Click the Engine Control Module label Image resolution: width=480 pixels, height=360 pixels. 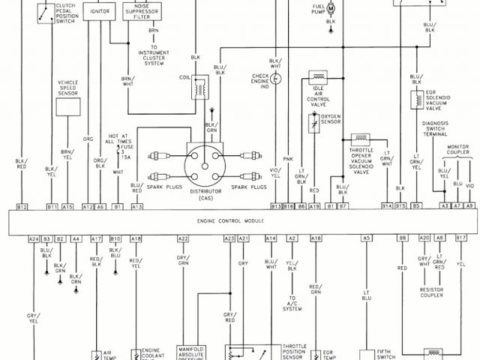230,222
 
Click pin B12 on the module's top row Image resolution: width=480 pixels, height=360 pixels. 22,205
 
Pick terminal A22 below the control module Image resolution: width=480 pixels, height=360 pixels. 182,238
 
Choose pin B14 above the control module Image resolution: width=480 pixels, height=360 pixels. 387,205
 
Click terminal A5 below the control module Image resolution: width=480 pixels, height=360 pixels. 366,238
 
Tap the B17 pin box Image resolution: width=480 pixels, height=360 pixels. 461,238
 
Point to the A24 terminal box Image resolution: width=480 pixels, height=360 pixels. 34,238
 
